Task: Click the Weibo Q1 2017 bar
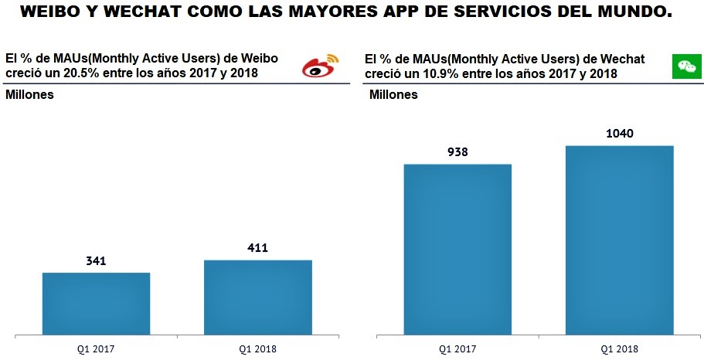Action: [x=96, y=304]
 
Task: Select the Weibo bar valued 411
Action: [x=257, y=297]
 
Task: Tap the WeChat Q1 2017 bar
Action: [x=457, y=250]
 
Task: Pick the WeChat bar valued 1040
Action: [x=620, y=240]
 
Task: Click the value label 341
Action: [x=96, y=261]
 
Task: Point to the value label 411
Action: [x=257, y=248]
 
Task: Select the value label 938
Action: [x=457, y=152]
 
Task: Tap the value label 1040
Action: [x=620, y=134]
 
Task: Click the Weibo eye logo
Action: [x=320, y=66]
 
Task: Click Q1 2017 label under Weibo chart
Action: [x=96, y=349]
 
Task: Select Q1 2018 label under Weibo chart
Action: [x=257, y=349]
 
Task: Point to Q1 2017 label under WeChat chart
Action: [x=457, y=349]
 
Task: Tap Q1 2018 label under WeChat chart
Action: [x=620, y=349]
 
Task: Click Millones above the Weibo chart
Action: [x=29, y=95]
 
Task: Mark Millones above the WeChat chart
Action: [x=393, y=95]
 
